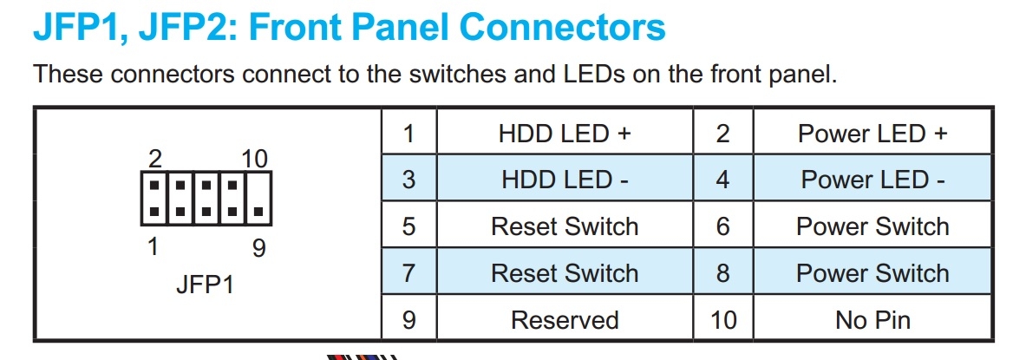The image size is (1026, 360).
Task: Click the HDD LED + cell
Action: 564,133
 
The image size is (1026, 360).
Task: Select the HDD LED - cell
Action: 564,179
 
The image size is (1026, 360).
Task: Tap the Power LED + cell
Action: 872,133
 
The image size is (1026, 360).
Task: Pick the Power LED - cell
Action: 872,179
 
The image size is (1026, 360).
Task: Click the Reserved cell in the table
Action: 564,319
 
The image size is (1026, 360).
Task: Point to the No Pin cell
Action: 872,319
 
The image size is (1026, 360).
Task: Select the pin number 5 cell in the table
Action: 409,226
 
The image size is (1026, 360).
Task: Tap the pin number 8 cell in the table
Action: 722,272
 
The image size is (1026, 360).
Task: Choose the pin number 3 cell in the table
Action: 409,179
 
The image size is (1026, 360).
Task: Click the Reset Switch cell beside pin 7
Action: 564,272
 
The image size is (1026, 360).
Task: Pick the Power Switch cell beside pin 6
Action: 872,226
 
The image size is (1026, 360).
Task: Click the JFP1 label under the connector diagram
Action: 205,285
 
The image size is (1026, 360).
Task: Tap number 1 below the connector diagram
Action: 154,246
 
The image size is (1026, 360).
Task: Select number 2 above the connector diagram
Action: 156,159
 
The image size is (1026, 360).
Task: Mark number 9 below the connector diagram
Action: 259,248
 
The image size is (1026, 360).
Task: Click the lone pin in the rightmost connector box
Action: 258,212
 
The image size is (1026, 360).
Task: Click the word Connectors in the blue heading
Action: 562,28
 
